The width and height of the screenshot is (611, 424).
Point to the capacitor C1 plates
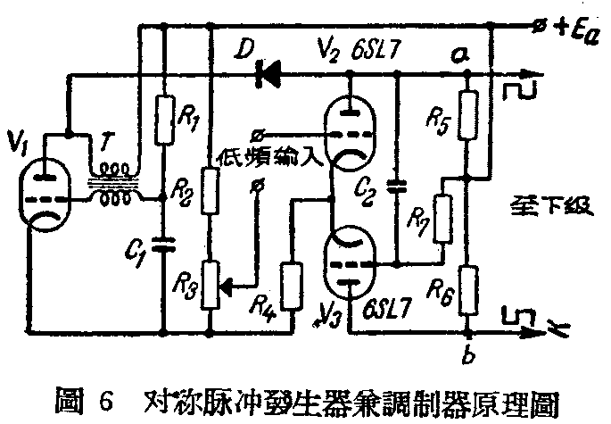pyautogui.click(x=164, y=243)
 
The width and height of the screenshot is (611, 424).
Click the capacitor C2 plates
pyautogui.click(x=397, y=188)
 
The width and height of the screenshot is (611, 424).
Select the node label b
pyautogui.click(x=468, y=358)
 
